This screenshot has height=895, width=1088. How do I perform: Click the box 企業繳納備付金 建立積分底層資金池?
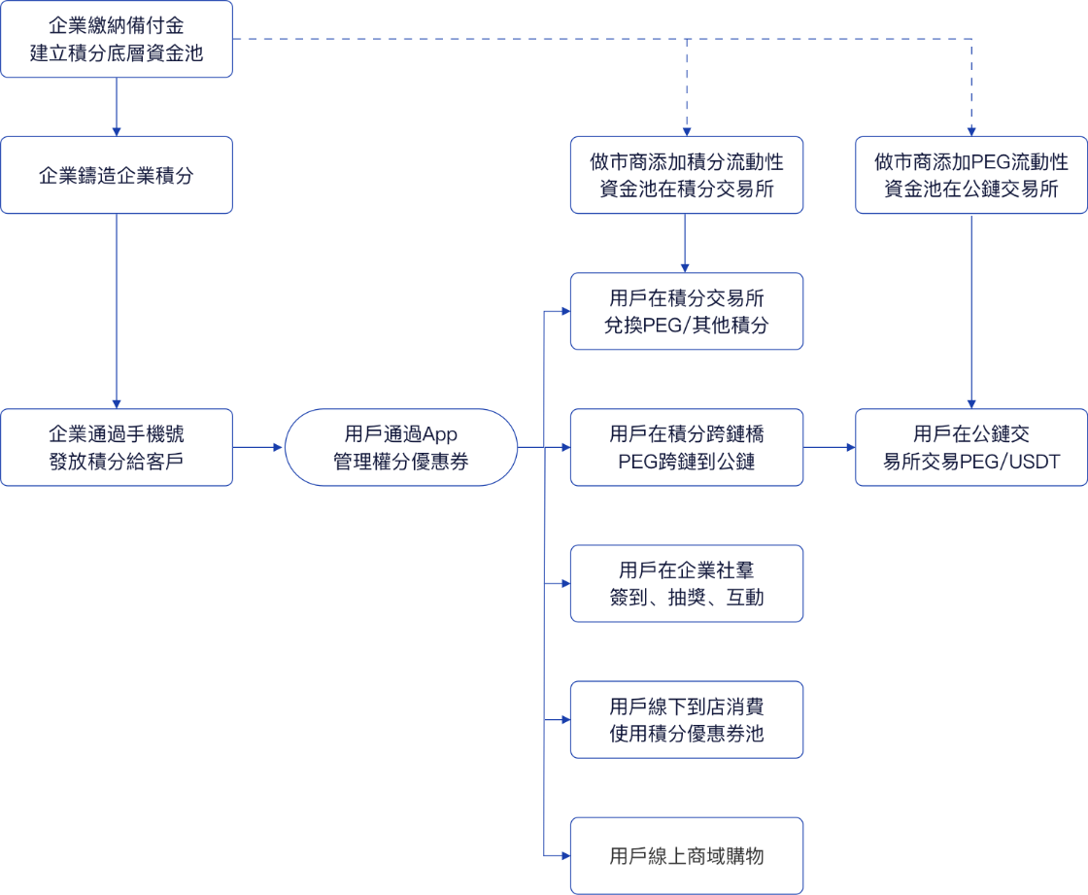tap(117, 39)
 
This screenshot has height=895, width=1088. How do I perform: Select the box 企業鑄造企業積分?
tap(117, 175)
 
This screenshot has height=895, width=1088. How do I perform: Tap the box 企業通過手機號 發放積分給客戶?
tap(117, 447)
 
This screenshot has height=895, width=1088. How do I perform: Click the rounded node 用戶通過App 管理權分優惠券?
tap(401, 447)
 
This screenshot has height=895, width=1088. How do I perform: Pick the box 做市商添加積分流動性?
tap(686, 175)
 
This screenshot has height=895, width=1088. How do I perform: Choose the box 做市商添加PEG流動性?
tap(971, 175)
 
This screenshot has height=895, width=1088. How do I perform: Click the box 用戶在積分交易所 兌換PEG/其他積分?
tap(686, 311)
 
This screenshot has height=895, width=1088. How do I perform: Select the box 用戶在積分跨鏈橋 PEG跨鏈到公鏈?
tap(686, 447)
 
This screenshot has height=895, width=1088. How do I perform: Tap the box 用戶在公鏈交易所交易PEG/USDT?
tap(971, 447)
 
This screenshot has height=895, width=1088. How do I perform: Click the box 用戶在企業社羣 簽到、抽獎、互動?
tap(686, 583)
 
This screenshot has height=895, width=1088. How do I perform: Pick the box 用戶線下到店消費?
tap(686, 719)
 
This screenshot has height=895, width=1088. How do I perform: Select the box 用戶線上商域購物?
tap(686, 855)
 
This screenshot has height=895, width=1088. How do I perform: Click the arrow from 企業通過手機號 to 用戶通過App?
tap(258, 447)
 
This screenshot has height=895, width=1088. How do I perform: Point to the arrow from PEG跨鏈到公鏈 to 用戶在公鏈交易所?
tap(830, 447)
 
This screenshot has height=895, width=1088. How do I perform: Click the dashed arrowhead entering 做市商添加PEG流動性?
tap(971, 132)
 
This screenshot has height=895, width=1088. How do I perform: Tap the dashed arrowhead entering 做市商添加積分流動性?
tap(687, 132)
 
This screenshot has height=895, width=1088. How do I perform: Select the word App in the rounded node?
tap(440, 434)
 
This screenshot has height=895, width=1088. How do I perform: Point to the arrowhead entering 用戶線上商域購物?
tap(566, 855)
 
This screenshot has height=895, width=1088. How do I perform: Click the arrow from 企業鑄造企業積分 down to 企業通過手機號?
tap(117, 311)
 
